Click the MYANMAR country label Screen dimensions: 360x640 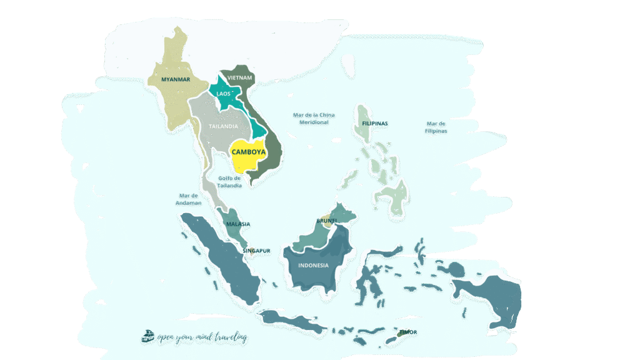point(175,79)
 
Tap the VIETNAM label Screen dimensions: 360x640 point(240,77)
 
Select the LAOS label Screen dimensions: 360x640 point(223,94)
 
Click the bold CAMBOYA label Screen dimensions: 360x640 point(249,152)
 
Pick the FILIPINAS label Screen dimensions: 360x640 point(375,124)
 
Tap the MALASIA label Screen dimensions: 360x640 point(238,224)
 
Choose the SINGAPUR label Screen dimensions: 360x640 point(256,251)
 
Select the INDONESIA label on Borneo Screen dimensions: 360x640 point(314,265)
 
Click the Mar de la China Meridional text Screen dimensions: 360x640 point(314,119)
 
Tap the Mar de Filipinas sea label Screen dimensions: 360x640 point(436,127)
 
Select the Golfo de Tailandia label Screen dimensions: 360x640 point(230,182)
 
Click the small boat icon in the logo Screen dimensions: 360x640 point(148,336)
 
